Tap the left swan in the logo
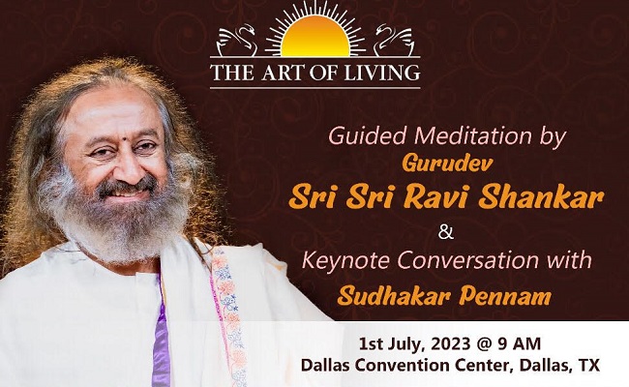pyautogui.click(x=236, y=43)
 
